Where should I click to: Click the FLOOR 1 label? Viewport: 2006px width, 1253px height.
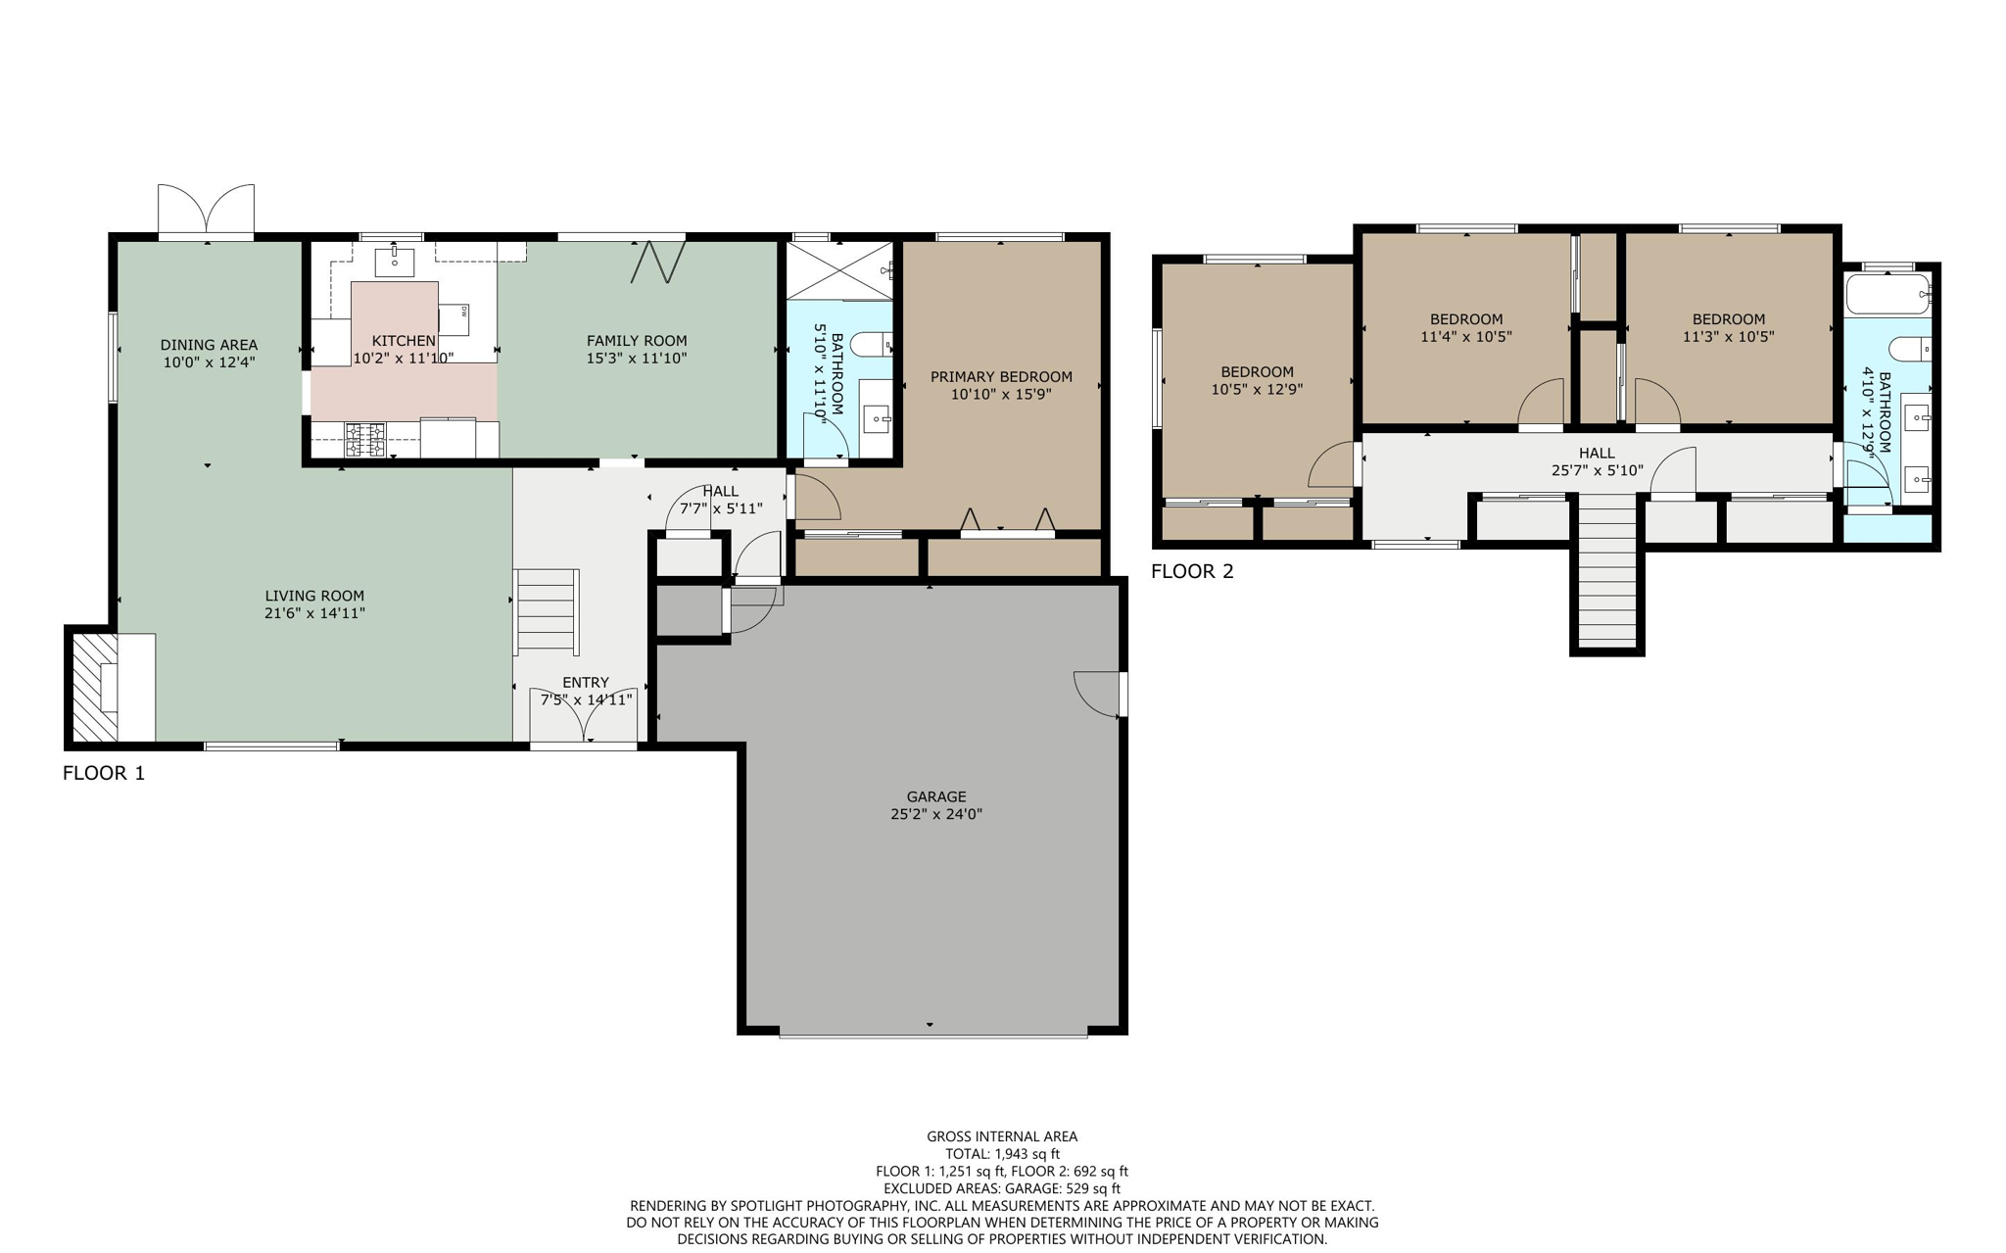click(103, 773)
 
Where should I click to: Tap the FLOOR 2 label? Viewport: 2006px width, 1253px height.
click(1192, 571)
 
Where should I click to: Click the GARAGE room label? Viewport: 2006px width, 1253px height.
click(935, 796)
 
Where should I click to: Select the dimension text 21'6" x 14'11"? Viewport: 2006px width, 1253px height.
click(314, 613)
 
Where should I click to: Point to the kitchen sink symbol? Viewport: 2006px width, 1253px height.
click(395, 262)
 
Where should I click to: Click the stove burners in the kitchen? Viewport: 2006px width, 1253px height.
click(365, 439)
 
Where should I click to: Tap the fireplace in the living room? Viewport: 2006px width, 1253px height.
click(95, 687)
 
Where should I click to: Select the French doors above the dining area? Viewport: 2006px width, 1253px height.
click(206, 210)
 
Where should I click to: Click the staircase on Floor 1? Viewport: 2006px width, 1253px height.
click(547, 610)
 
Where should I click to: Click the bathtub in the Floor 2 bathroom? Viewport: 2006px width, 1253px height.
click(1887, 293)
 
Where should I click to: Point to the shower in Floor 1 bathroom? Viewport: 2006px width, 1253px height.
click(837, 269)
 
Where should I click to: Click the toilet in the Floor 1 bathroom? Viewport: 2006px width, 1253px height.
click(870, 344)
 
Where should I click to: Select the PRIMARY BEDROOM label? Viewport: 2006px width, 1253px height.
click(1001, 376)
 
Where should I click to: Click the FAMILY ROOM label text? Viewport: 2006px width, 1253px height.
click(637, 340)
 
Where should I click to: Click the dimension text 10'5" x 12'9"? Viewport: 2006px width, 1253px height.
click(1257, 389)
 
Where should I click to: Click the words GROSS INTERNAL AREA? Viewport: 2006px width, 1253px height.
click(1002, 1136)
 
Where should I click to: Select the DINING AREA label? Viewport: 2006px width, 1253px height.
click(209, 344)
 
